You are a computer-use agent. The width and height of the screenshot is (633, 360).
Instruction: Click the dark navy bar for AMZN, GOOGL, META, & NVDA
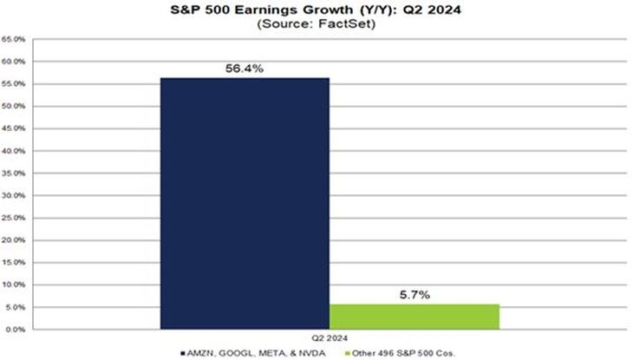[x=245, y=204]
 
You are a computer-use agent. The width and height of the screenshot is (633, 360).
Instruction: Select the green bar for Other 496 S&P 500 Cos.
[x=414, y=317]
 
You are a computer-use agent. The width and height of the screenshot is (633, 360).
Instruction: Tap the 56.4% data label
[x=245, y=66]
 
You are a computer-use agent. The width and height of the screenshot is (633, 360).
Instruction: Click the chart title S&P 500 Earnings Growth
[x=316, y=10]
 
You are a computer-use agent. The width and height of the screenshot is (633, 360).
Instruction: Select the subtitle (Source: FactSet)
[x=316, y=24]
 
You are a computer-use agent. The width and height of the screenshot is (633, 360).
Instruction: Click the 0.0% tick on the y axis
[x=15, y=330]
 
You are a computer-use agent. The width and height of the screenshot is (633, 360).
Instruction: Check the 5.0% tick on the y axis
[x=15, y=307]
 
